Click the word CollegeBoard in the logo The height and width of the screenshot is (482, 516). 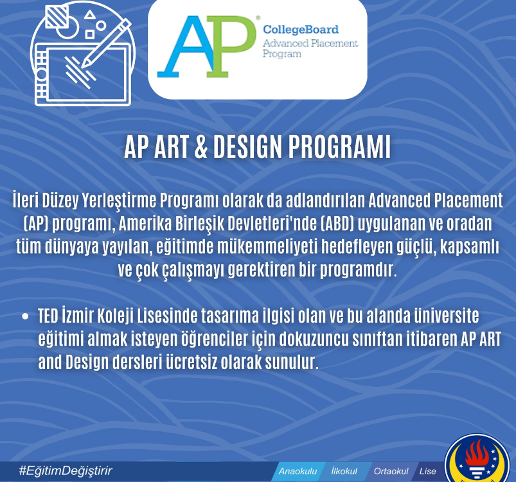click(x=301, y=30)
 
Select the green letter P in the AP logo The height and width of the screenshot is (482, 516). click(x=231, y=46)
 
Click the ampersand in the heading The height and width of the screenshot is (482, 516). click(x=200, y=147)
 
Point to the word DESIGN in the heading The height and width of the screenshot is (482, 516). click(x=248, y=147)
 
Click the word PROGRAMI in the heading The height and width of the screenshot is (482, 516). click(x=339, y=147)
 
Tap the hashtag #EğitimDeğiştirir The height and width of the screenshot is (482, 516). click(x=66, y=470)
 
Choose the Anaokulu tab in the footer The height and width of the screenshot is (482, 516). click(x=298, y=472)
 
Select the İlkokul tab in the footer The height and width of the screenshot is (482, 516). click(x=344, y=471)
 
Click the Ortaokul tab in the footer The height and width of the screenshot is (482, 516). click(x=391, y=472)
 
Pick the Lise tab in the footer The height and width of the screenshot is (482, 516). click(x=427, y=472)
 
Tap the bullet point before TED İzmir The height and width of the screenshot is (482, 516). click(x=25, y=316)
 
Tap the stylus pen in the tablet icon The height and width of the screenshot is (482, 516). click(x=106, y=43)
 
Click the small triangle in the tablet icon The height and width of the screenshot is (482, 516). click(x=89, y=15)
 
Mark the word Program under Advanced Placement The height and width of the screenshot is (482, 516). click(x=281, y=54)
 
